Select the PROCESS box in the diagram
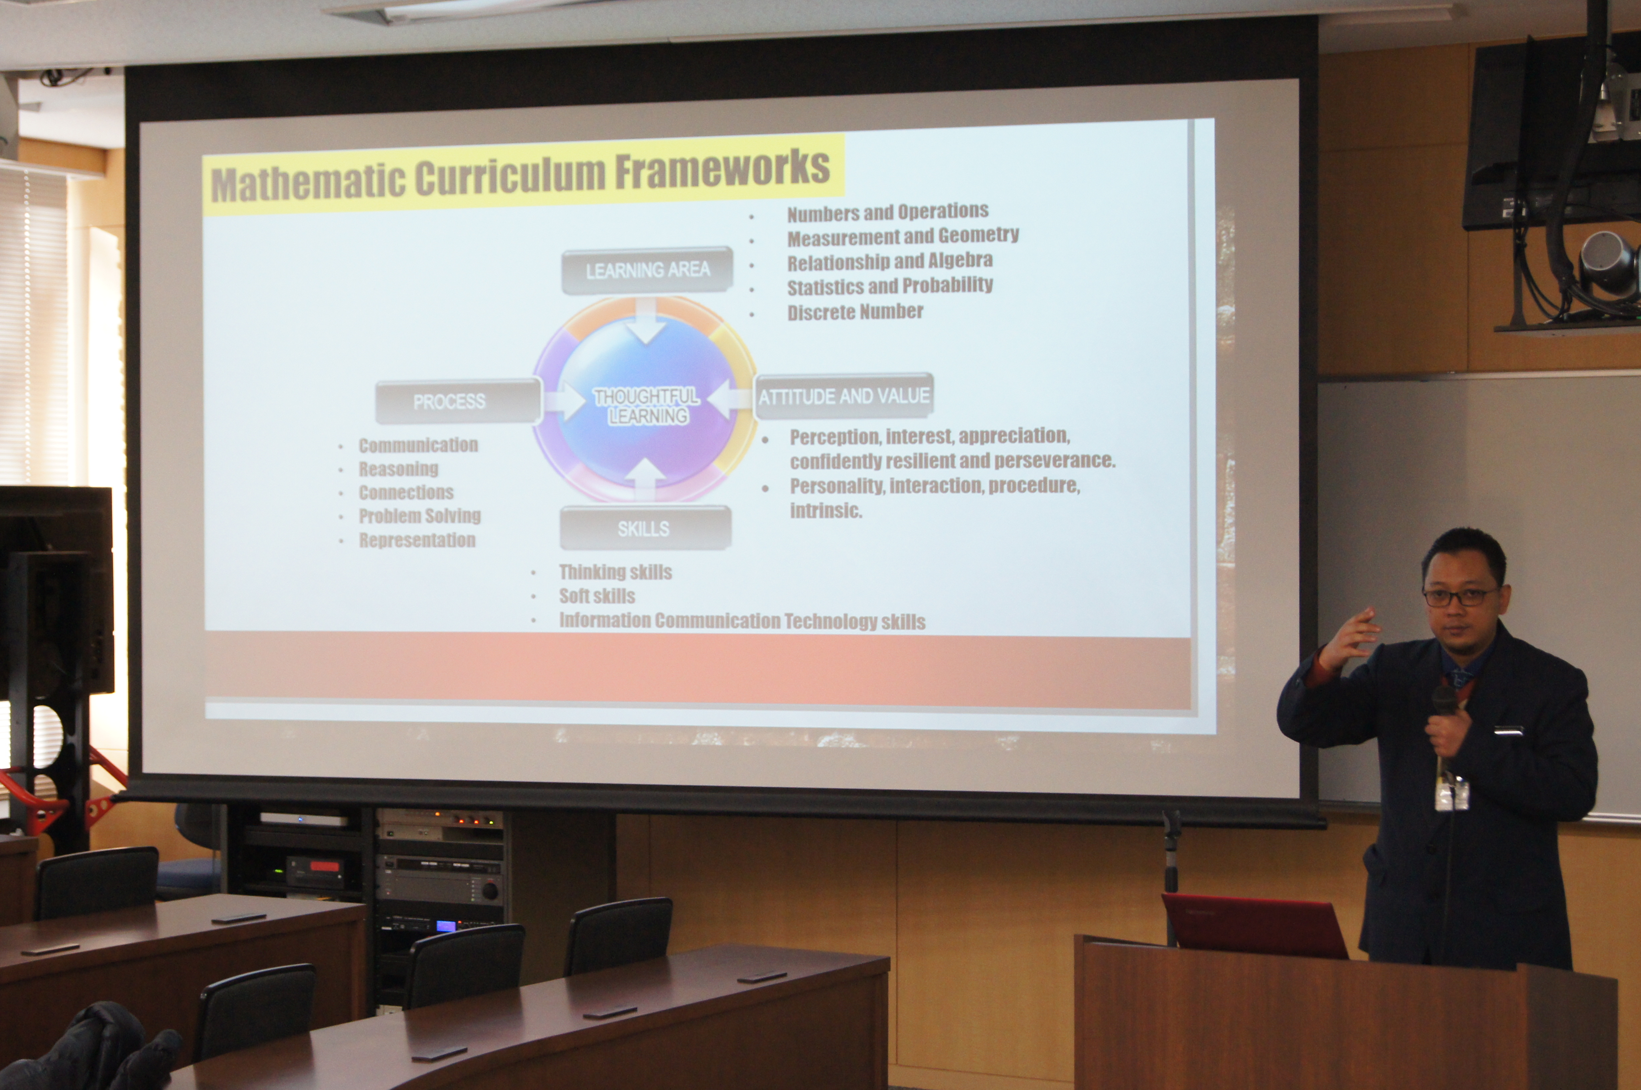pyautogui.click(x=458, y=401)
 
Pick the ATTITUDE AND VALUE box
pyautogui.click(x=844, y=396)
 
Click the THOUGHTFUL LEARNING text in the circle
pyautogui.click(x=647, y=406)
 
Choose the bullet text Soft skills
pyautogui.click(x=597, y=596)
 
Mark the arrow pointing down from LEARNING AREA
pyautogui.click(x=647, y=321)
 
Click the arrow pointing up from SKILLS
pyautogui.click(x=645, y=480)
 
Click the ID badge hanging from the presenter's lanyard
pyautogui.click(x=1452, y=794)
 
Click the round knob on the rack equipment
pyautogui.click(x=491, y=890)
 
